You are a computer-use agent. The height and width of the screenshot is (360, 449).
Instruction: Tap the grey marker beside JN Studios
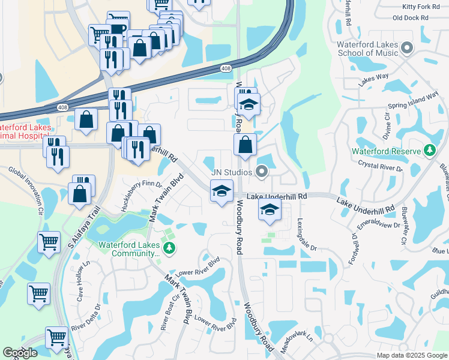(261, 173)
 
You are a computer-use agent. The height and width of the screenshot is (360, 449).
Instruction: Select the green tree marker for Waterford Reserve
(430, 151)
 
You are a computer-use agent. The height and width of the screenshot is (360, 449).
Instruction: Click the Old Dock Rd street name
(411, 18)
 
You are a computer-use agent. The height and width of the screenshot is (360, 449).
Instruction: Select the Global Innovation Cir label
(26, 191)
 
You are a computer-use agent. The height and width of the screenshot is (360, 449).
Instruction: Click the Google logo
(20, 353)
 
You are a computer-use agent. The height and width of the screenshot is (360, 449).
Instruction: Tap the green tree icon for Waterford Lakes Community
(169, 247)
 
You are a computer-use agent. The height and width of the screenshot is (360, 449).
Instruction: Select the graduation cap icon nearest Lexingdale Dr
(270, 210)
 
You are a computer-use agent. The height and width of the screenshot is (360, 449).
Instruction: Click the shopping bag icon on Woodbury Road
(245, 144)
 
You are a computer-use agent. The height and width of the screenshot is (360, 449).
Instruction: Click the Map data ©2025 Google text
(411, 355)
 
